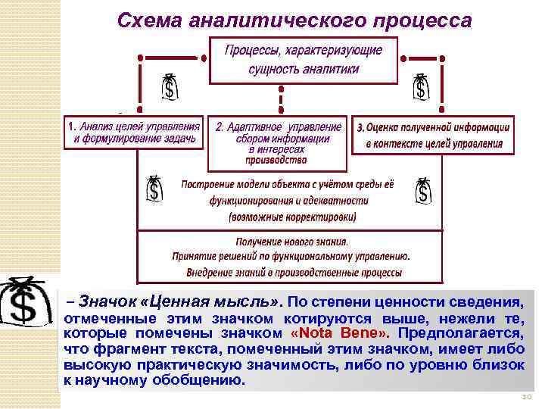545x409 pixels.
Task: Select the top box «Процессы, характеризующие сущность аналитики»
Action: click(x=304, y=59)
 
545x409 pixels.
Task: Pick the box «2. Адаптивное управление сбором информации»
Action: click(x=276, y=143)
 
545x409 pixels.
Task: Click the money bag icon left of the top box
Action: click(x=171, y=88)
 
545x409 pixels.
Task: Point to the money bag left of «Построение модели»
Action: click(x=154, y=189)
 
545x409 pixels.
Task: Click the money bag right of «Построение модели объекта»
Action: click(x=424, y=191)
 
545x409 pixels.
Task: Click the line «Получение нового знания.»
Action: click(x=291, y=242)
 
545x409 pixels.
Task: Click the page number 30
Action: click(x=527, y=398)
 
